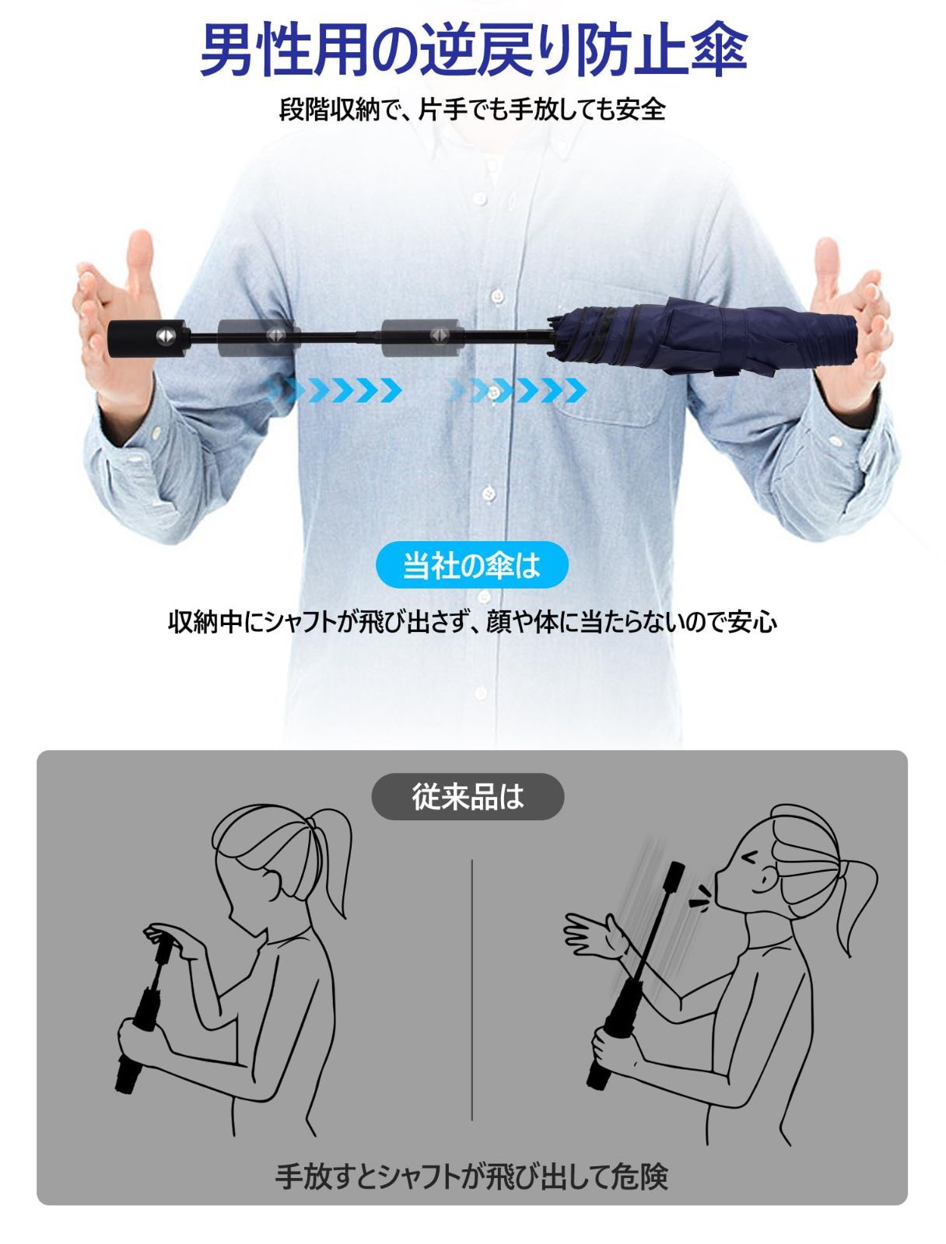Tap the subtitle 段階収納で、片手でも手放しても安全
pyautogui.click(x=472, y=109)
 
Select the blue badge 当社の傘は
pyautogui.click(x=471, y=565)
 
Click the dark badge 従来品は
pyautogui.click(x=468, y=796)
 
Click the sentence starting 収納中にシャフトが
pyautogui.click(x=472, y=622)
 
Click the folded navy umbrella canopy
pyautogui.click(x=702, y=336)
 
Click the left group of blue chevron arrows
pyautogui.click(x=335, y=390)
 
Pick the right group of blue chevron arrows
pyautogui.click(x=517, y=390)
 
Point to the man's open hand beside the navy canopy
pyautogui.click(x=846, y=323)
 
